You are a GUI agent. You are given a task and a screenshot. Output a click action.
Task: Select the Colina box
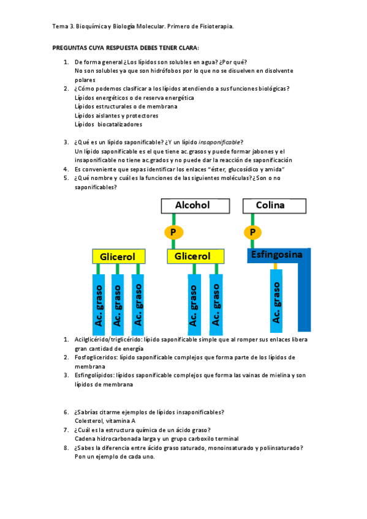(270, 206)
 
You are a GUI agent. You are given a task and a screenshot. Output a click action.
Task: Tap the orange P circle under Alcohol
(173, 232)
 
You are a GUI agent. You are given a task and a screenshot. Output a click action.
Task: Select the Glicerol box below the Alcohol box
(192, 257)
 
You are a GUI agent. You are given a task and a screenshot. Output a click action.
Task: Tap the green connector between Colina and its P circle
(252, 219)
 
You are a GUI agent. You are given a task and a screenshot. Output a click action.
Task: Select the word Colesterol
(88, 421)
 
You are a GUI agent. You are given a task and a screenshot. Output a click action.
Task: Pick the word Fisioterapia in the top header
(214, 27)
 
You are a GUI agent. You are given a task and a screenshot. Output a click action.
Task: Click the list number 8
(66, 448)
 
